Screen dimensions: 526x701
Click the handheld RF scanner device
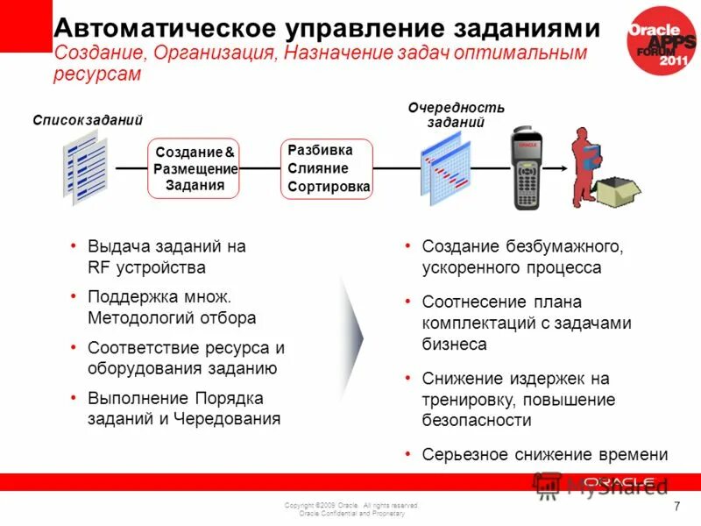[x=528, y=170]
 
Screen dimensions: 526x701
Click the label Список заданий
[x=88, y=120]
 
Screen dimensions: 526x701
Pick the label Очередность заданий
[x=457, y=115]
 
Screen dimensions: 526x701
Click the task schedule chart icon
[x=445, y=172]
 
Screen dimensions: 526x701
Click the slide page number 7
[x=676, y=508]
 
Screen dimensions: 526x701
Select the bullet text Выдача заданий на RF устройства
[x=166, y=257]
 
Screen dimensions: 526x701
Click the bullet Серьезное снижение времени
[x=544, y=455]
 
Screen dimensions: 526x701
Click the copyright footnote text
[x=351, y=509]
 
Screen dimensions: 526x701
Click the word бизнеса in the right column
[x=454, y=345]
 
